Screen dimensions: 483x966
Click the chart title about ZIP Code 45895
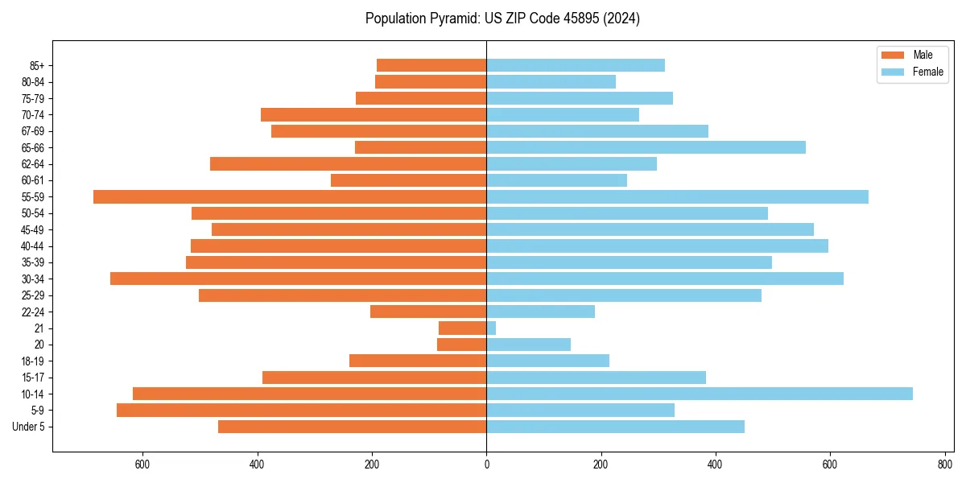(502, 19)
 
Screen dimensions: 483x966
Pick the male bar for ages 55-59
(290, 197)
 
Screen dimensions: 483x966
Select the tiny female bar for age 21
(491, 328)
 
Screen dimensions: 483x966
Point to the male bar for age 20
(461, 345)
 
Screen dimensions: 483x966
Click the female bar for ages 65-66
(646, 147)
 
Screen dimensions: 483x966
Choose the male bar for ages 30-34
(298, 279)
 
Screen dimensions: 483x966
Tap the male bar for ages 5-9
(301, 410)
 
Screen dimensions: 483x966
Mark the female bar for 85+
(576, 65)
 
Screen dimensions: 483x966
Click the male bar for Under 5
(352, 427)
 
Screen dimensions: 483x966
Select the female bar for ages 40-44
(657, 246)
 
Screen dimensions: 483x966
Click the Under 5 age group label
(28, 427)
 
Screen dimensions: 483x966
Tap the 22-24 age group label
(32, 312)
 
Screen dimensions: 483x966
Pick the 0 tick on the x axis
(486, 464)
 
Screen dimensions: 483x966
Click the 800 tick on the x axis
(944, 464)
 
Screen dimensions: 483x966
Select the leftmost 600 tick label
(142, 464)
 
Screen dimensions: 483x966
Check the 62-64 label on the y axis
(32, 164)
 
